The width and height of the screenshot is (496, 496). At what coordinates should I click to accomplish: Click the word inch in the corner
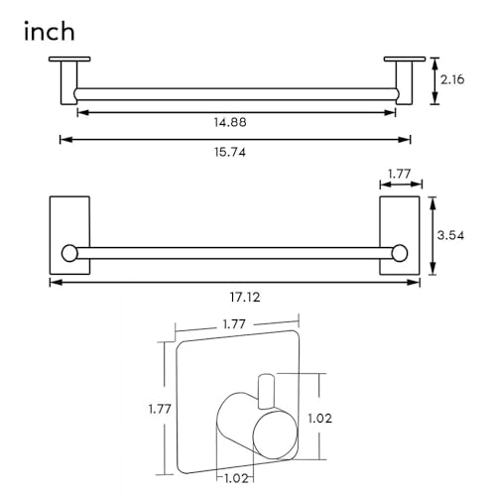(x=50, y=32)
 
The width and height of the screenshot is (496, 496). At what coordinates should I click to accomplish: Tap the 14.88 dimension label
(x=230, y=122)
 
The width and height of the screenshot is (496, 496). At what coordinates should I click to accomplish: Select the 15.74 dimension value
(x=230, y=152)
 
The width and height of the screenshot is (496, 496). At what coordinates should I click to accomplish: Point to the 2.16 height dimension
(x=452, y=79)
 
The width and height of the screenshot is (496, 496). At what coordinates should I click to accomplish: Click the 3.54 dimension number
(x=450, y=235)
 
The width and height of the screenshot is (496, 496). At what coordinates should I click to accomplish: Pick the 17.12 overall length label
(x=245, y=298)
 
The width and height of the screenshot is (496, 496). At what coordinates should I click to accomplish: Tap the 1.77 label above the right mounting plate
(x=400, y=174)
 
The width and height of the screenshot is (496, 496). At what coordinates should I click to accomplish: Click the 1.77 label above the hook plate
(x=234, y=324)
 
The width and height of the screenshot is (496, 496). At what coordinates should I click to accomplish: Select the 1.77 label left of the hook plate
(x=160, y=410)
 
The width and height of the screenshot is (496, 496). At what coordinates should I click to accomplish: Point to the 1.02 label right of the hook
(x=319, y=419)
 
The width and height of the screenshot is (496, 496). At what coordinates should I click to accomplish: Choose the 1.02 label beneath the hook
(x=236, y=478)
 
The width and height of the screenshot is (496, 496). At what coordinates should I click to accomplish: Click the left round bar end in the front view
(x=69, y=254)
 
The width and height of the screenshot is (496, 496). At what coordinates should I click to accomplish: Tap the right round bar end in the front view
(x=400, y=254)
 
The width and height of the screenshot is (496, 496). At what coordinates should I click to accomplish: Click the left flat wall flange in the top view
(x=69, y=60)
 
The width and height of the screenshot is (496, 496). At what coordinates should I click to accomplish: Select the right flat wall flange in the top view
(x=405, y=60)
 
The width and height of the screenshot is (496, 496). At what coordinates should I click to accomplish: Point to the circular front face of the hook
(x=276, y=435)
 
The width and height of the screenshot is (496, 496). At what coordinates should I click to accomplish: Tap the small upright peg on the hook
(x=266, y=391)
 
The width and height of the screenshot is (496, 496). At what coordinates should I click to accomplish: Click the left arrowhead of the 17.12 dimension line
(x=56, y=283)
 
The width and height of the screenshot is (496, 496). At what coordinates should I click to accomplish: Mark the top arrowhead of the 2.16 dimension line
(x=434, y=63)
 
